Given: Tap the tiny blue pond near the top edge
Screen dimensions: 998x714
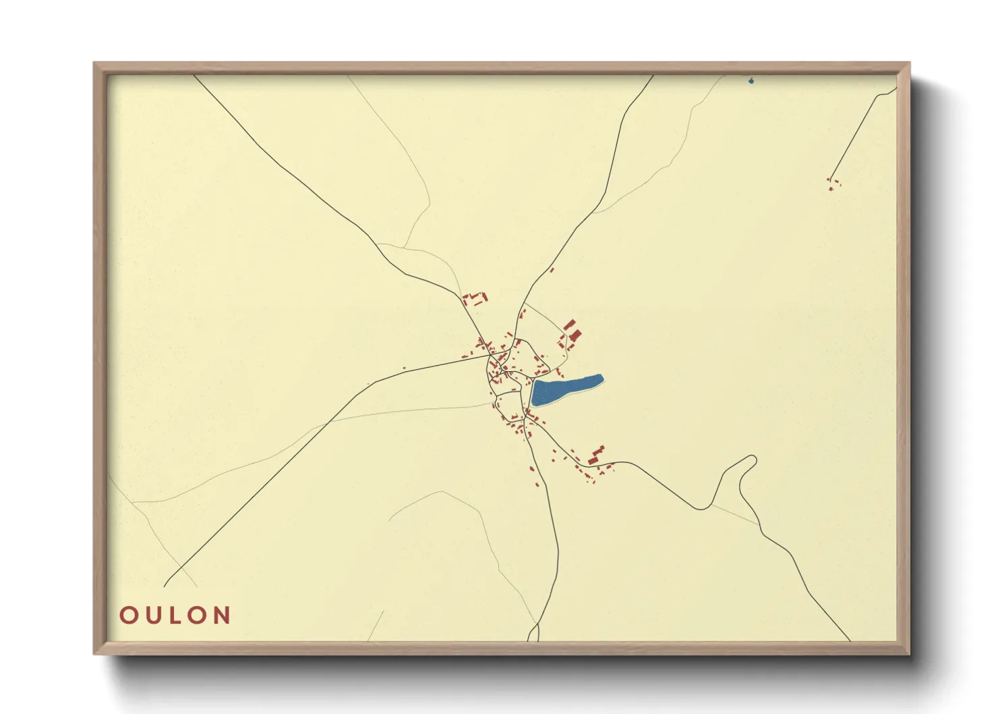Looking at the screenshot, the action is (751, 82).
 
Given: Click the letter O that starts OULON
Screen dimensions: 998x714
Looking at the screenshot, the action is (128, 615).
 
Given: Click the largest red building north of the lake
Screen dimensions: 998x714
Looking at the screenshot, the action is (575, 334).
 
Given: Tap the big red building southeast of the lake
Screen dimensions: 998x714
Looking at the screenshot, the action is (595, 456).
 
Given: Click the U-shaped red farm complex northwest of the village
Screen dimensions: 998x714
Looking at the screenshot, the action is (475, 298).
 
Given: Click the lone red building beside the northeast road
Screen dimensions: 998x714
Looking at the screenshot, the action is (552, 270).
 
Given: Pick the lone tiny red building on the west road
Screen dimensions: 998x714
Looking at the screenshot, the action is (404, 368).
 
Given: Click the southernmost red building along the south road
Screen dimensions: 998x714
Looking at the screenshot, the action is (537, 483).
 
